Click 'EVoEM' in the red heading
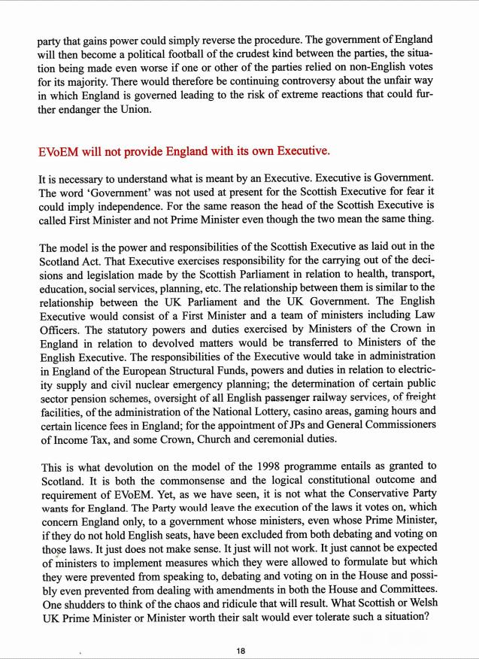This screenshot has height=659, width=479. coord(58,150)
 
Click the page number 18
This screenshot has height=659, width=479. coord(240,651)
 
